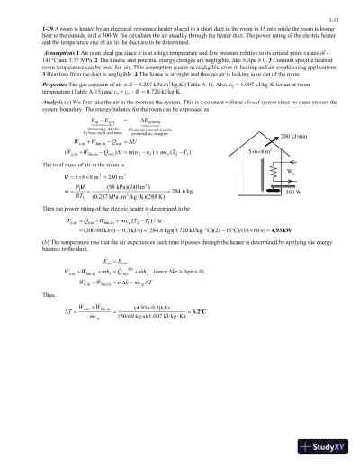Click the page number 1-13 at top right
pyautogui.click(x=332, y=17)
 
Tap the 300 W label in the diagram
pyautogui.click(x=317, y=218)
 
